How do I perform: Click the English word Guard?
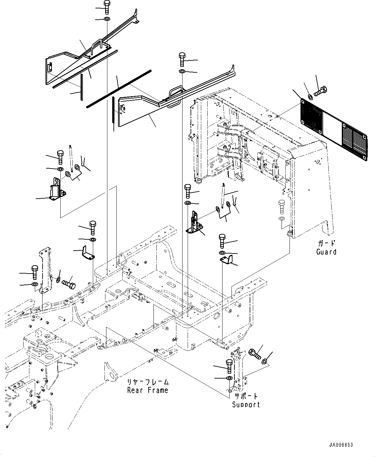click(326, 252)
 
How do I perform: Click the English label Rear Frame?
click(148, 390)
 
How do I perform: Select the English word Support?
click(246, 404)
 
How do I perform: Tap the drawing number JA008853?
click(341, 445)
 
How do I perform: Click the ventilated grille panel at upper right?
click(334, 129)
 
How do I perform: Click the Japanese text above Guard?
click(326, 244)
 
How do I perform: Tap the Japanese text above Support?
click(246, 396)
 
